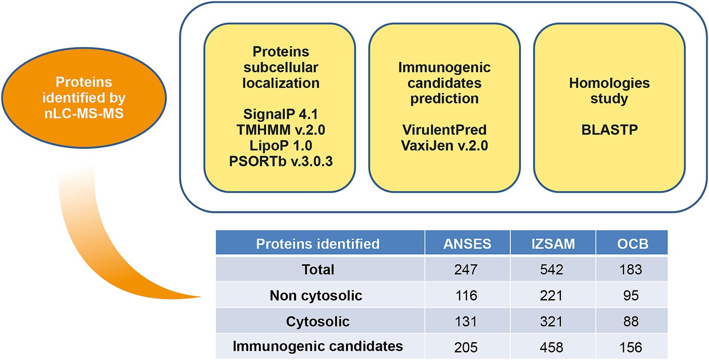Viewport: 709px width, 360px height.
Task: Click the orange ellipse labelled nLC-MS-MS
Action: (x=84, y=98)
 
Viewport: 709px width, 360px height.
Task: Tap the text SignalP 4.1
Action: (x=280, y=114)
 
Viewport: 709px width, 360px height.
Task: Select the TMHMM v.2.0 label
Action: (x=280, y=130)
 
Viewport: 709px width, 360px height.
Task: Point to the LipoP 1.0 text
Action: (x=280, y=146)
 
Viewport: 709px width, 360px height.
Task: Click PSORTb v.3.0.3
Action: (x=280, y=161)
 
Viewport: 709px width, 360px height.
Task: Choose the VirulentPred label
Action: (x=444, y=130)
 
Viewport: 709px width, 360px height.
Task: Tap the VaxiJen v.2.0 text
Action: (x=444, y=146)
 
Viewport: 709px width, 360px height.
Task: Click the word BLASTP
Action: (x=609, y=130)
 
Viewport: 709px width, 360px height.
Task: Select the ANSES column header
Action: (x=467, y=244)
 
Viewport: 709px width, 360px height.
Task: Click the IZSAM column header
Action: (x=553, y=244)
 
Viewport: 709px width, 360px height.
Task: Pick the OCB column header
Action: (x=632, y=244)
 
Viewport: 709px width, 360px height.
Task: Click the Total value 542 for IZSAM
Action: (x=551, y=269)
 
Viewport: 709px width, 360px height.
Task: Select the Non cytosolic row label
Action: (x=316, y=295)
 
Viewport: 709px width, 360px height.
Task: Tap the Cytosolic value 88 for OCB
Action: (x=630, y=321)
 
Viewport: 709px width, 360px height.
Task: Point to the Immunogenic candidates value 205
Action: (x=466, y=348)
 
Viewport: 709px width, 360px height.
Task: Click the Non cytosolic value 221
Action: (x=551, y=295)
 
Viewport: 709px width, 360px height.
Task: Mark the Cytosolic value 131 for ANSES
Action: (x=466, y=321)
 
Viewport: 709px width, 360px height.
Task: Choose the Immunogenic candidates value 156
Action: (x=630, y=348)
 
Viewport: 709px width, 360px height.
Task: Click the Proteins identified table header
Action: (x=317, y=244)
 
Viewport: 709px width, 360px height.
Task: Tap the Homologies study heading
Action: (x=609, y=91)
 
